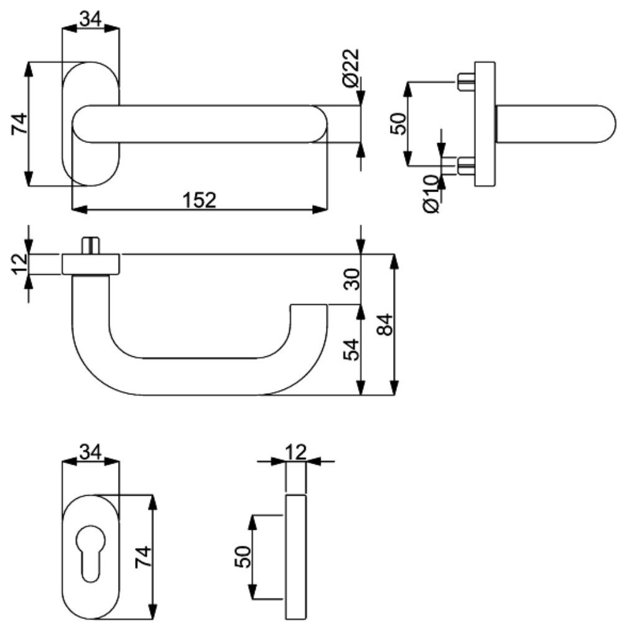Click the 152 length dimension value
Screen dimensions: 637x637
(x=199, y=200)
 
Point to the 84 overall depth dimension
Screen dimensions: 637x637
(x=386, y=324)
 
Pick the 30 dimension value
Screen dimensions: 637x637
(x=351, y=281)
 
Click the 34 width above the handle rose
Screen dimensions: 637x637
(x=91, y=19)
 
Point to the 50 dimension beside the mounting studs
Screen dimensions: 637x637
(x=398, y=123)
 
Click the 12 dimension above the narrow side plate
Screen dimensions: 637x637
(x=297, y=451)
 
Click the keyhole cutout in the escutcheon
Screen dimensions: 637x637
(x=91, y=547)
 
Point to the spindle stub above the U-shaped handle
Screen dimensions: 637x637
(x=91, y=244)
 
